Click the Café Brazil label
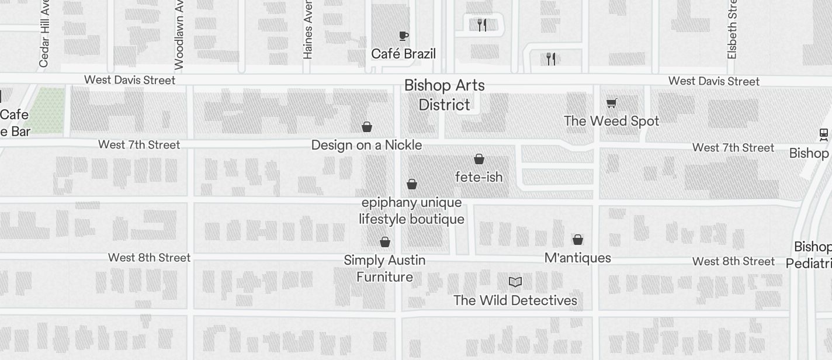click(x=403, y=54)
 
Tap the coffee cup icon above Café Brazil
click(x=403, y=36)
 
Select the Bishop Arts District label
click(x=444, y=95)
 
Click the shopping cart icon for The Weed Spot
click(x=611, y=103)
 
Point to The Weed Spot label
click(x=611, y=121)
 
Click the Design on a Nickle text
click(x=366, y=145)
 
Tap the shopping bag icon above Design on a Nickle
click(x=367, y=127)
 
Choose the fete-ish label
click(x=479, y=177)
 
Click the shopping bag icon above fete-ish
click(x=479, y=159)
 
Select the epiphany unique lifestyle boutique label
click(x=412, y=211)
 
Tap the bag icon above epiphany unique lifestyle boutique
click(x=412, y=185)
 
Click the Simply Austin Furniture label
click(x=384, y=268)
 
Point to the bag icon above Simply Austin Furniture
click(x=385, y=242)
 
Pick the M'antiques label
click(x=577, y=258)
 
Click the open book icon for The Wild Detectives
click(x=515, y=282)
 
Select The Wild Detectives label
click(x=515, y=300)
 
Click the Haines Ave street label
click(x=308, y=29)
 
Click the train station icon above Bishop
click(x=824, y=135)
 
